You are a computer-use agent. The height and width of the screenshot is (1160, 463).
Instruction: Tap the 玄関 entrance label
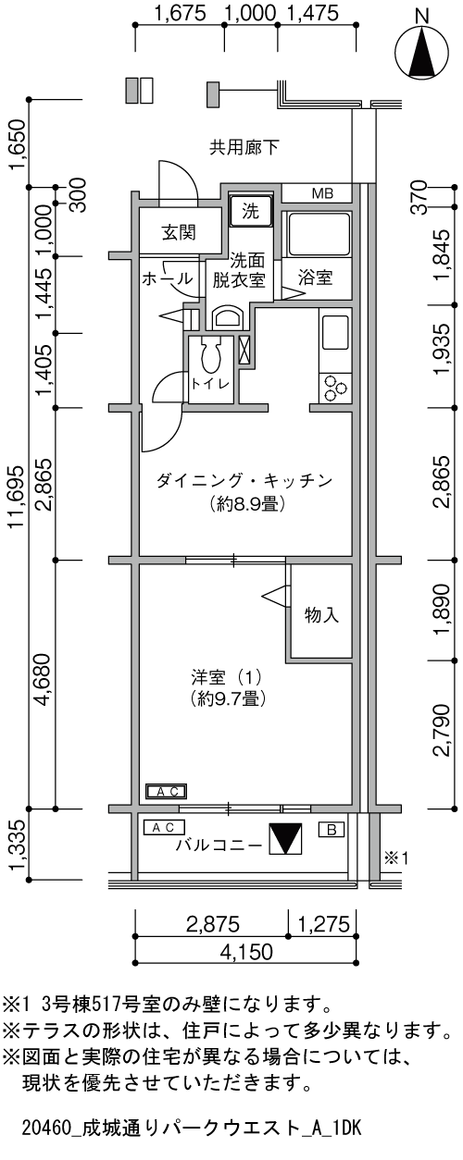(x=180, y=231)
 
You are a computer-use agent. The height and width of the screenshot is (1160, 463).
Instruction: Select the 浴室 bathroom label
(x=317, y=278)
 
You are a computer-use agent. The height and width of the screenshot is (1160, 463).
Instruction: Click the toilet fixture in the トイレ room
(x=211, y=355)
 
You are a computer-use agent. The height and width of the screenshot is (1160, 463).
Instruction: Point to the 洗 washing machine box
(x=251, y=210)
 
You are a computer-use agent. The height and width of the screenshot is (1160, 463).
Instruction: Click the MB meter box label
(x=321, y=193)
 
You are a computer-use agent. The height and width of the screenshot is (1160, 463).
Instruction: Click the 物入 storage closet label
(x=320, y=614)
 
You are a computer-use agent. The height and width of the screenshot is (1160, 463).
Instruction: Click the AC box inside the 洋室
(x=168, y=791)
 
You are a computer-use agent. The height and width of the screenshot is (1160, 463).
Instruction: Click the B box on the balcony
(x=331, y=829)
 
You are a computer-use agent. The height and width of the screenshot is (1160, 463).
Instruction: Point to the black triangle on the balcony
(x=284, y=840)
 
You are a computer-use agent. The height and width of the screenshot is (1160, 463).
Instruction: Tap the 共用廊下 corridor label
(x=244, y=146)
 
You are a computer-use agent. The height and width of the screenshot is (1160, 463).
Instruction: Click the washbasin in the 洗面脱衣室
(x=227, y=318)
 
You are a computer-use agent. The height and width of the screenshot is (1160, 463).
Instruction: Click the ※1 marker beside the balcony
(x=396, y=858)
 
